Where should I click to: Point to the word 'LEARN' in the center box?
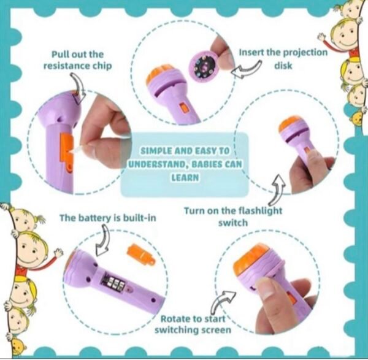click(x=185, y=178)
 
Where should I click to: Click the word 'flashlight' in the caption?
click(x=260, y=210)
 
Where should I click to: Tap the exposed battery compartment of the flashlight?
click(x=113, y=282)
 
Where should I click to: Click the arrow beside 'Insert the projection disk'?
click(x=246, y=69)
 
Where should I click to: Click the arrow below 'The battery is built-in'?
click(x=103, y=240)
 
